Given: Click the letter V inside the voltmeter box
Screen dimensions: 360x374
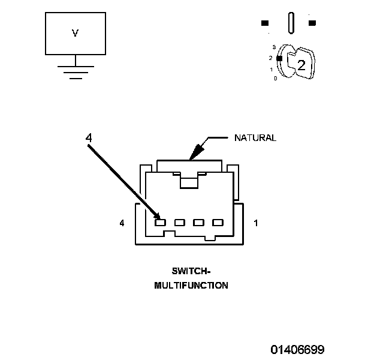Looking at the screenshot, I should (x=75, y=34).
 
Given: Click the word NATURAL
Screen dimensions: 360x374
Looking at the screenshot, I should (x=255, y=138).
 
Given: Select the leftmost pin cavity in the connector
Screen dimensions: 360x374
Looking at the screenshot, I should (x=160, y=223).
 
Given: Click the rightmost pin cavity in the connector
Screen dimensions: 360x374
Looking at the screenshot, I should (x=217, y=223).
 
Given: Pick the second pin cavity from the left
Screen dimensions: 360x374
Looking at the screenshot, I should (x=179, y=223).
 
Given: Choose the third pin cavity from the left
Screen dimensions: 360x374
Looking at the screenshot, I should (x=198, y=223).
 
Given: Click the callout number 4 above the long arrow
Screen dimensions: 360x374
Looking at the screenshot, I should (x=89, y=138).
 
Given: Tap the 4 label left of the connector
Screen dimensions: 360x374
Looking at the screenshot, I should (x=122, y=223).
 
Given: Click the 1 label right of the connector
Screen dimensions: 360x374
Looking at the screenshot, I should (x=256, y=223).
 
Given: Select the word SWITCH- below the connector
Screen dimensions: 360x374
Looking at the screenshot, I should (x=191, y=271).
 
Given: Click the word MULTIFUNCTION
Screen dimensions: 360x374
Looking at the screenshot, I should (x=191, y=286).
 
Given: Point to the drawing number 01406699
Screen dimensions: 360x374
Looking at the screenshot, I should (x=297, y=349).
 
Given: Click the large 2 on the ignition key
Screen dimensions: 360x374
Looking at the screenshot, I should (x=301, y=65).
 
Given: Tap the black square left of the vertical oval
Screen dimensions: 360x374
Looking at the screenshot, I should (x=264, y=23).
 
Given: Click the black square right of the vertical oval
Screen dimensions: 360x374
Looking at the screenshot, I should (x=312, y=23).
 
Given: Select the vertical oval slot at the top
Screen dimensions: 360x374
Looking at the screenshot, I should (x=291, y=23).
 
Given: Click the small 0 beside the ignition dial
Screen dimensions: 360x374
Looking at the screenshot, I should (x=275, y=79).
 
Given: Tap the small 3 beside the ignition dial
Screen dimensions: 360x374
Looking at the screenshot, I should (x=273, y=47).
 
